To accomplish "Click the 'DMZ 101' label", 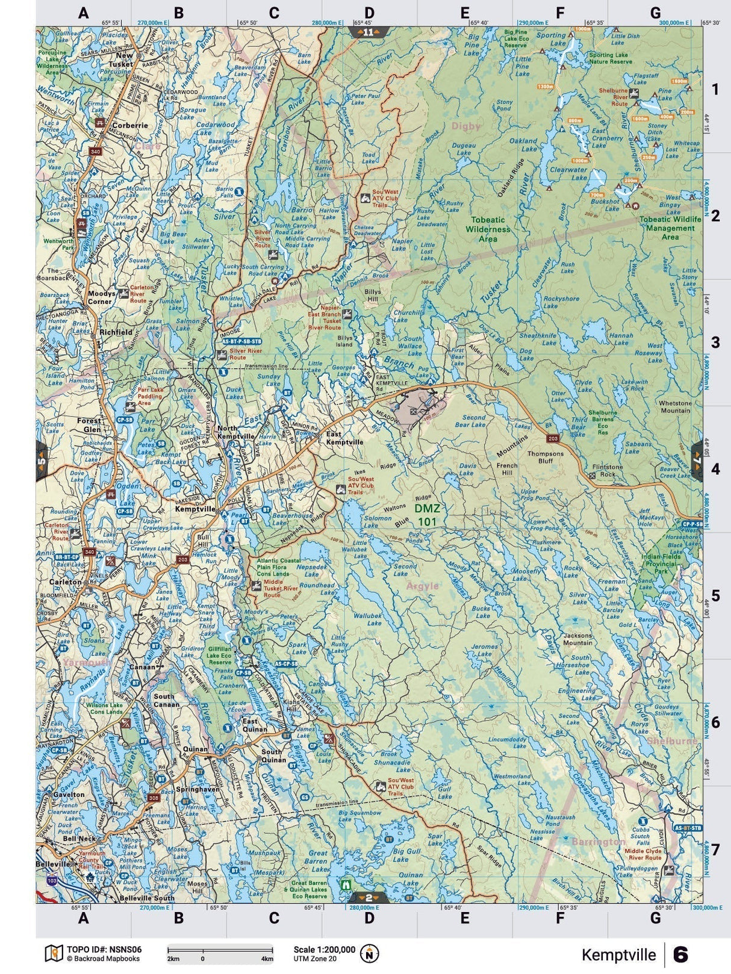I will [427, 515].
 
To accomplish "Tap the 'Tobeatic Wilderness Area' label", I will [488, 229].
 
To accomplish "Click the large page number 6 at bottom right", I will [681, 955].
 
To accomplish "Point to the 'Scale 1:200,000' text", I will [324, 949].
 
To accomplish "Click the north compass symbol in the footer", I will [370, 954].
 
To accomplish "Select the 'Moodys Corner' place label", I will [101, 297].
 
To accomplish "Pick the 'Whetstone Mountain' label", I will [675, 407].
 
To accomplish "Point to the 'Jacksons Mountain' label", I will [577, 639].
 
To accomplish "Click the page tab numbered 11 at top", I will [369, 32].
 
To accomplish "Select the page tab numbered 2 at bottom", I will [369, 897].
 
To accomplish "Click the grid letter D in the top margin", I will [369, 13].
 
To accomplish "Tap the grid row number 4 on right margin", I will [715, 468].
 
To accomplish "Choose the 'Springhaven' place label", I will [198, 789].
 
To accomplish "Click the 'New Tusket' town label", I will [120, 60].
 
